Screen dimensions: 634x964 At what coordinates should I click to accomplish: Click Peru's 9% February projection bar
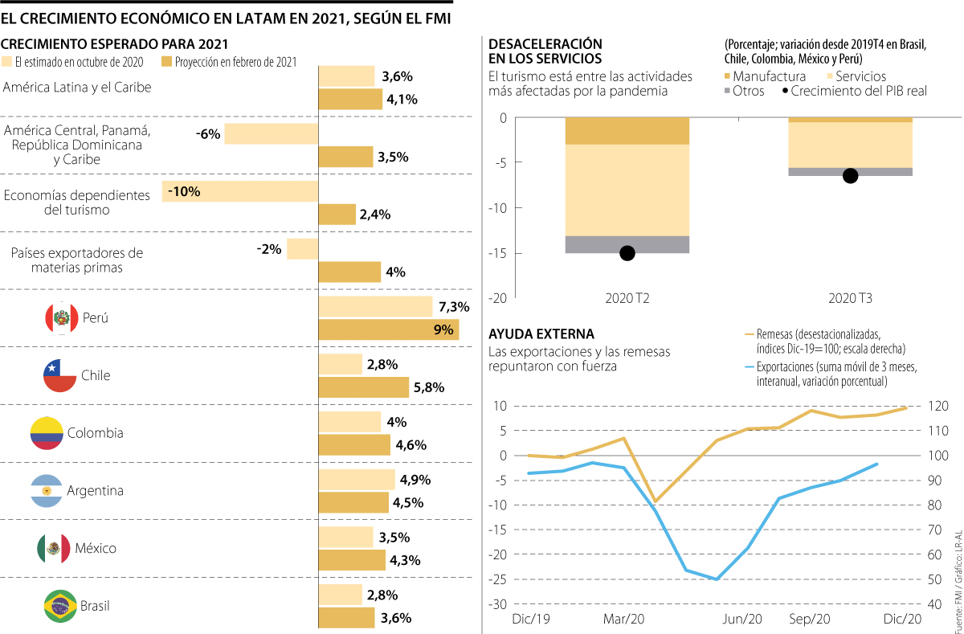pyautogui.click(x=389, y=329)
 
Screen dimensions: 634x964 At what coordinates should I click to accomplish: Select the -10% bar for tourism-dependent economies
pyautogui.click(x=241, y=191)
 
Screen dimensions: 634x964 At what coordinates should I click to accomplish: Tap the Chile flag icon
pyautogui.click(x=59, y=375)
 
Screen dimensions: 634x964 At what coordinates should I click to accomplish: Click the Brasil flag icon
pyautogui.click(x=59, y=606)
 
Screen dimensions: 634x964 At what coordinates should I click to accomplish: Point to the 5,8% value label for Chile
pyautogui.click(x=429, y=387)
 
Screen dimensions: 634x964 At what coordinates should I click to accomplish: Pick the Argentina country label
pyautogui.click(x=96, y=490)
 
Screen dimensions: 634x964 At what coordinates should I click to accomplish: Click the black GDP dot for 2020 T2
pyautogui.click(x=627, y=253)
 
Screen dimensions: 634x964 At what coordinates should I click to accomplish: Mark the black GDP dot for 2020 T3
pyautogui.click(x=851, y=176)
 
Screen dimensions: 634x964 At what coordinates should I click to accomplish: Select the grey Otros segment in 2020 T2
pyautogui.click(x=627, y=244)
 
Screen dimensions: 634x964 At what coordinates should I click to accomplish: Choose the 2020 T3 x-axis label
pyautogui.click(x=851, y=299)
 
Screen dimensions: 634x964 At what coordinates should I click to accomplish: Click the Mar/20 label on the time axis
pyautogui.click(x=623, y=619)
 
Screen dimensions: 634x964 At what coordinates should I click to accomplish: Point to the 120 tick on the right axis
pyautogui.click(x=937, y=407)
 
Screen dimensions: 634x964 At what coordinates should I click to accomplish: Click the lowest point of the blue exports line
pyautogui.click(x=716, y=579)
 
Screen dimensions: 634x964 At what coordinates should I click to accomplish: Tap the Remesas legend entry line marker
pyautogui.click(x=750, y=333)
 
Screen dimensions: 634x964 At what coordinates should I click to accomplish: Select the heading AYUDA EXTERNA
pyautogui.click(x=541, y=333)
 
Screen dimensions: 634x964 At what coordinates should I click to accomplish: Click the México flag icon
pyautogui.click(x=53, y=548)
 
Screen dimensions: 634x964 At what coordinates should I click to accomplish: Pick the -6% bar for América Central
pyautogui.click(x=272, y=133)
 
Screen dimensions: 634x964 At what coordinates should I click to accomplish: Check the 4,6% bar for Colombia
pyautogui.click(x=354, y=444)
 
